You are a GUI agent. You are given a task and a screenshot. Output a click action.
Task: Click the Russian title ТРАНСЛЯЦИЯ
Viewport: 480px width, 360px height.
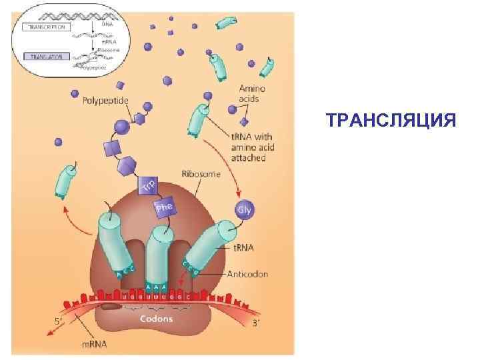point(391,121)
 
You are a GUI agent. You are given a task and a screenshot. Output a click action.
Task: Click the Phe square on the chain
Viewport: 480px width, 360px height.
point(165,208)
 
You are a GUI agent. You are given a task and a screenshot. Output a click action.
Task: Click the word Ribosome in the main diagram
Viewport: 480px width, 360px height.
point(201,174)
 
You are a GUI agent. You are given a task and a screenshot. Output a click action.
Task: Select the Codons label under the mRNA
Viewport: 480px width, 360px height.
point(156,319)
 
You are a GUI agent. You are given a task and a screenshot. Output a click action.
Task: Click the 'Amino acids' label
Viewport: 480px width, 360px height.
point(253,93)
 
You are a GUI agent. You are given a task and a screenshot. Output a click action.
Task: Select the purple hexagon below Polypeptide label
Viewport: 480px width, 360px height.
point(139,119)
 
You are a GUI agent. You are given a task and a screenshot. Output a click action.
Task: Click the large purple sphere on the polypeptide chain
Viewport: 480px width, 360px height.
point(122,126)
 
